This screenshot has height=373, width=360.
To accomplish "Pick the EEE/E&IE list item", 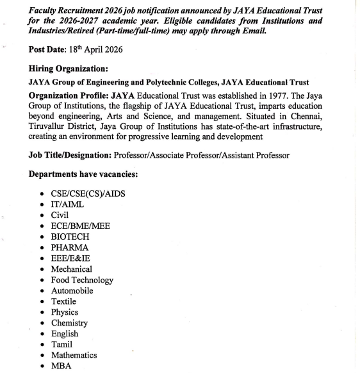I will point(73,258).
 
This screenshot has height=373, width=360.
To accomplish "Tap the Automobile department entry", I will point(73,291).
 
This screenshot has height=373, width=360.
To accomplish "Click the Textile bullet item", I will point(63,301).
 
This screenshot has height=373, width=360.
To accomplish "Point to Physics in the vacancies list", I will point(64,312).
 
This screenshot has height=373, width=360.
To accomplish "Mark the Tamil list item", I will point(62,344).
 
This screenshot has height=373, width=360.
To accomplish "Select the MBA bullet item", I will point(62,366).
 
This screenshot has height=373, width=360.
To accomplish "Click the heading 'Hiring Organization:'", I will point(69,69).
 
